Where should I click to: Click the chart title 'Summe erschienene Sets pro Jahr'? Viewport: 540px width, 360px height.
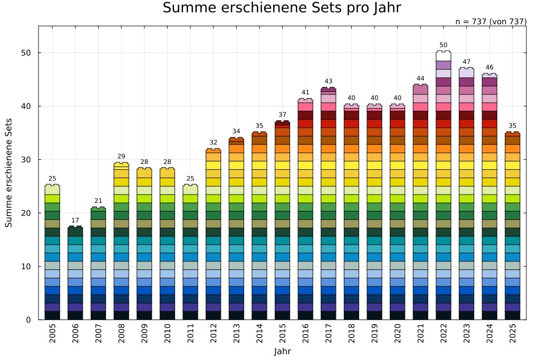[282, 8]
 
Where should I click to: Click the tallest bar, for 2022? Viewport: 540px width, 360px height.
[443, 190]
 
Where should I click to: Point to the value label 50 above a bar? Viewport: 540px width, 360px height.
[443, 45]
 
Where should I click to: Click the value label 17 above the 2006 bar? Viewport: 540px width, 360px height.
[75, 220]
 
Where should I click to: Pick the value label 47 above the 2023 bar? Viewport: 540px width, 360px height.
[466, 62]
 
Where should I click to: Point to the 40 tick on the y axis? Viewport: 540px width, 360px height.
[27, 106]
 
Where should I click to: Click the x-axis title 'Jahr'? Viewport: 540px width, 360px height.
[282, 352]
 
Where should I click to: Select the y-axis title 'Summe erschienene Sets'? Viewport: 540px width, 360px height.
[9, 173]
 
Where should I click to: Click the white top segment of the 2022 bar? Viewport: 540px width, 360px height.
[443, 56]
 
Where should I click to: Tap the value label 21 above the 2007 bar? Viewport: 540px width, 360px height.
[98, 201]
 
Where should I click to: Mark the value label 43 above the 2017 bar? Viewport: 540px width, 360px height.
[328, 81]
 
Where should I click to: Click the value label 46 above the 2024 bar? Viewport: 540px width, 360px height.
[489, 67]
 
